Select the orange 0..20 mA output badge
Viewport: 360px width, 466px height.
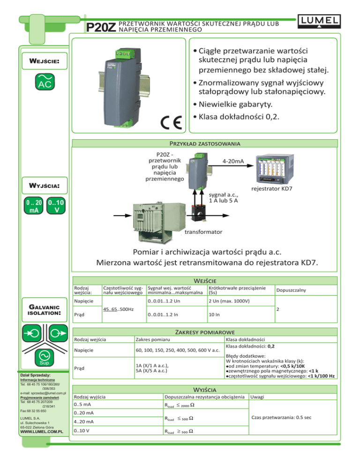click(34, 206)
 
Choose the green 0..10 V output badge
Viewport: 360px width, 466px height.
click(56, 206)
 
